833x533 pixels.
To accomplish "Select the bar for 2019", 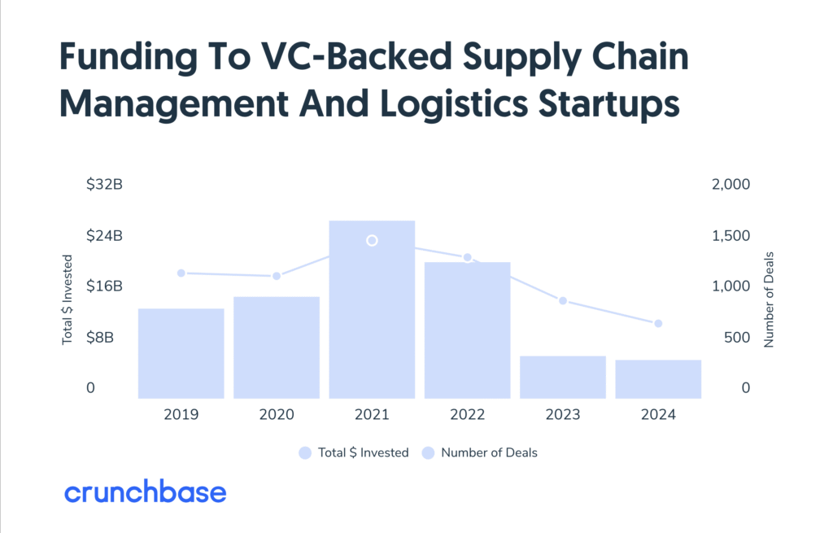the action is (181, 353).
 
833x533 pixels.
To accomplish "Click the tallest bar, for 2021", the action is (372, 310).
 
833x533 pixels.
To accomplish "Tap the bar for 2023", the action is (563, 378).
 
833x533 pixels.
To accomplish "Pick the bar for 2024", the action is (658, 379).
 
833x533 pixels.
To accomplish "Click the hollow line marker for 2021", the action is (372, 241).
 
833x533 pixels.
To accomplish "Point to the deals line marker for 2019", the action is (181, 273).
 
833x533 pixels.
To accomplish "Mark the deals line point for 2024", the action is (658, 324).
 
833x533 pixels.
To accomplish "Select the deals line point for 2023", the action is (563, 301).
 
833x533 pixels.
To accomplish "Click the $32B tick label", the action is (105, 185).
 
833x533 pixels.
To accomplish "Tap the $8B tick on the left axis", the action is (100, 338).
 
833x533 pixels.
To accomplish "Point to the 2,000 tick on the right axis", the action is (731, 185).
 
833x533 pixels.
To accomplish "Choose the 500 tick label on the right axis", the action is (737, 338).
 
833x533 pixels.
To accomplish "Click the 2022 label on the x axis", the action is (468, 414).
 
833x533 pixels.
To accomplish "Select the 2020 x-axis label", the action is (277, 414).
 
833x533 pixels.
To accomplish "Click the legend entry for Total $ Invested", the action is (354, 452).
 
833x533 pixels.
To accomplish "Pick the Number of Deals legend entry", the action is (480, 452).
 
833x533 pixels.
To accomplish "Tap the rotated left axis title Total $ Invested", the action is (67, 299).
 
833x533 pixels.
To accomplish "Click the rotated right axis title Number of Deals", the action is (769, 299).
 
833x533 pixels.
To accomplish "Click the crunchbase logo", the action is (145, 492).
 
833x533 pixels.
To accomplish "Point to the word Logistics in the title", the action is (454, 104).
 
